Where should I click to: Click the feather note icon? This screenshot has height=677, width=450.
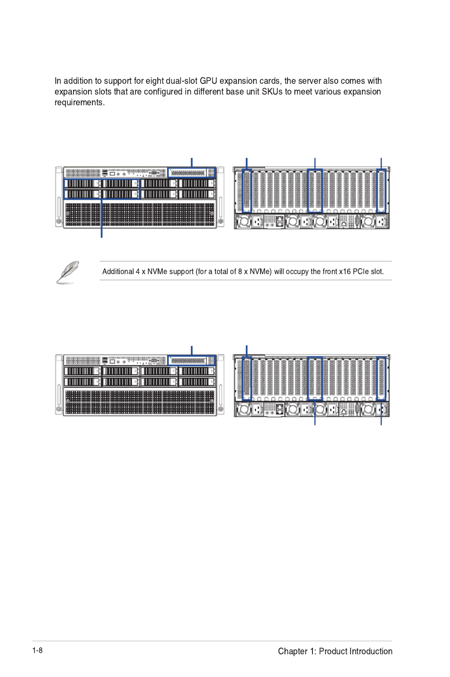[67, 272]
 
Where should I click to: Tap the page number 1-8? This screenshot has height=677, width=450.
[37, 650]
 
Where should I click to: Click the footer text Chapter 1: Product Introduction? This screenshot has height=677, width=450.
[335, 651]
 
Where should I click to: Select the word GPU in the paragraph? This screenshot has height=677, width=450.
[208, 81]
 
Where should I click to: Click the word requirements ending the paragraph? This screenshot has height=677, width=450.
[80, 103]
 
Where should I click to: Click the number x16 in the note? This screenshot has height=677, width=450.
[345, 271]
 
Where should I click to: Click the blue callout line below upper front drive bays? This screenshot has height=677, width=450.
[101, 218]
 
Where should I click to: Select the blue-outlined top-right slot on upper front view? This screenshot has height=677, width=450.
[192, 173]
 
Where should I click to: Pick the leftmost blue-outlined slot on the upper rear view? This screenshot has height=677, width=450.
[247, 191]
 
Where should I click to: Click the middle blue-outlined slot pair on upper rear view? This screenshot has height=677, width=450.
[315, 191]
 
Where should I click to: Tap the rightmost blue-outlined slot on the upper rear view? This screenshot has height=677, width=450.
[381, 191]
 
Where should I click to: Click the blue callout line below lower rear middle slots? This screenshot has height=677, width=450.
[315, 413]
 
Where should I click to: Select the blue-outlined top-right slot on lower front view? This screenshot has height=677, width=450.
[192, 360]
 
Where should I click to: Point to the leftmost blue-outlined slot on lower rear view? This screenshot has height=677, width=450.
[247, 379]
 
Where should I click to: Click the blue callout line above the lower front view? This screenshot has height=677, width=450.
[192, 351]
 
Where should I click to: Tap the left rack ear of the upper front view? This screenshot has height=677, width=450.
[59, 197]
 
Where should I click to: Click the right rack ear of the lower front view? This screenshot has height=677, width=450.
[221, 384]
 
